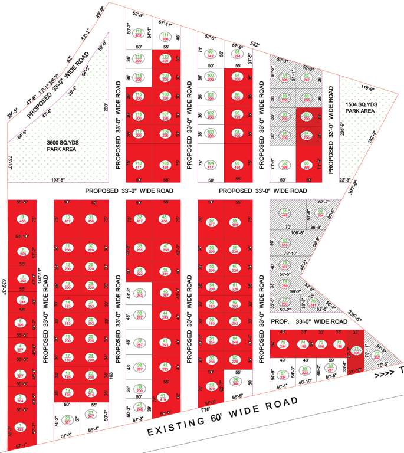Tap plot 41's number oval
click(165, 396)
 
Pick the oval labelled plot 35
click(140, 293)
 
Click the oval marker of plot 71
click(357, 352)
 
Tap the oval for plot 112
click(139, 33)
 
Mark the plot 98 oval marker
click(237, 54)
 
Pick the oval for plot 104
click(211, 165)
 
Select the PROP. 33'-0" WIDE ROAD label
click(309, 321)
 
